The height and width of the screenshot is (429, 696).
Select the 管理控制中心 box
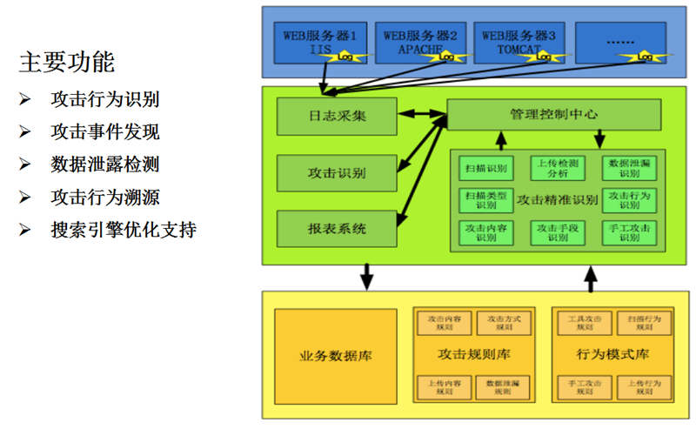pyautogui.click(x=553, y=115)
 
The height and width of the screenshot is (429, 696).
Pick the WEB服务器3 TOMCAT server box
pyautogui.click(x=519, y=42)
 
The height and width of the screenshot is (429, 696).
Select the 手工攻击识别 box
pyautogui.click(x=629, y=232)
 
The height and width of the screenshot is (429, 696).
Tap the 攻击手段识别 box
pyautogui.click(x=558, y=232)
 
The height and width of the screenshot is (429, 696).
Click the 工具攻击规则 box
pyautogui.click(x=581, y=323)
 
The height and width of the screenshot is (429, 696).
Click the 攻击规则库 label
pyautogui.click(x=474, y=356)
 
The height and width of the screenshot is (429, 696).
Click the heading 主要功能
pyautogui.click(x=66, y=62)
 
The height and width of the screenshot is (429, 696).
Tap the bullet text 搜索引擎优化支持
pyautogui.click(x=123, y=231)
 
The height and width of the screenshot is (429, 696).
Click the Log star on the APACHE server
pyautogui.click(x=445, y=56)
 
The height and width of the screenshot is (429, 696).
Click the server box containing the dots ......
pyautogui.click(x=619, y=42)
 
